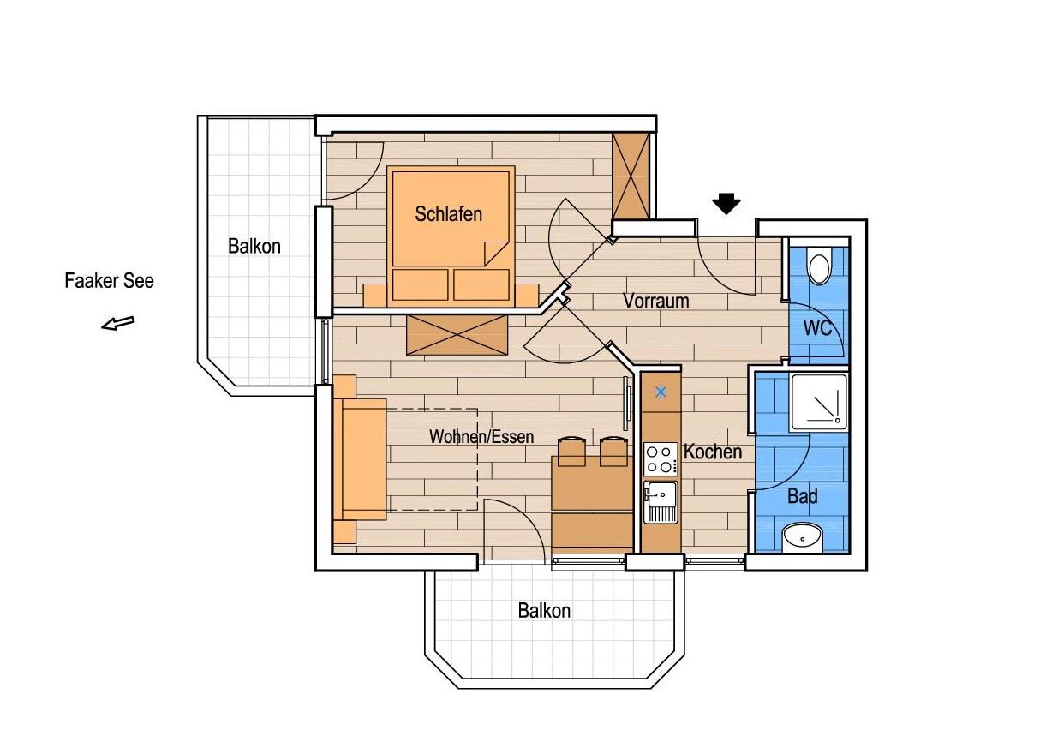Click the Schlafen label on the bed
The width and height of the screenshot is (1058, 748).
448,214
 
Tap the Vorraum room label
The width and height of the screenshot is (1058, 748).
655,301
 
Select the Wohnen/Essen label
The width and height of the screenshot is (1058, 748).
481,437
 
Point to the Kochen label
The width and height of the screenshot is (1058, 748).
713,452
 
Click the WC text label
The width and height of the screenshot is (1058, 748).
817,328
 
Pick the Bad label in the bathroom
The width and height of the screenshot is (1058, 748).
803,496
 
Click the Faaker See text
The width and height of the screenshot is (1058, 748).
109,281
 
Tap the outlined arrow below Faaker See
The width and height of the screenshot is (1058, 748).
118,324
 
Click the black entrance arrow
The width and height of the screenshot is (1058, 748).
726,204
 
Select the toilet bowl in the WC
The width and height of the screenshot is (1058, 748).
819,268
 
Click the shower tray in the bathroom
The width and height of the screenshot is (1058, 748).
819,402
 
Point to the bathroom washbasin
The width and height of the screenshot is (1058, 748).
803,537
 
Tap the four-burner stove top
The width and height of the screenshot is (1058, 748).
661,459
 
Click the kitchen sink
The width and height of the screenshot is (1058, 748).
661,502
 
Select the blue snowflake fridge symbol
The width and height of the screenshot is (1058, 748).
661,392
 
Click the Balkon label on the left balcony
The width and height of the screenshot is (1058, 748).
254,246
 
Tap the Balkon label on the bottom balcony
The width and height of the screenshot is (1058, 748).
544,611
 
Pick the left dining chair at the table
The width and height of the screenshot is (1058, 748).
571,452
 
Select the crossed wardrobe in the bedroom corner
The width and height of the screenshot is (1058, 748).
631,176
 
